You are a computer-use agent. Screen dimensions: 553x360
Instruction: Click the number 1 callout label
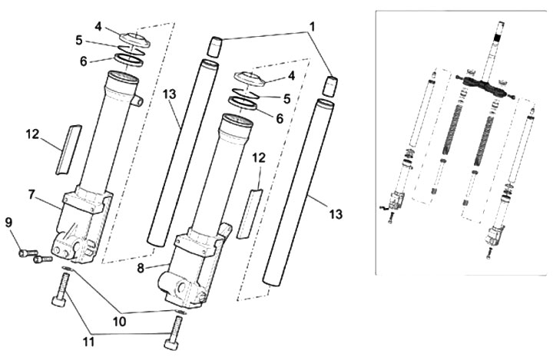[311, 26]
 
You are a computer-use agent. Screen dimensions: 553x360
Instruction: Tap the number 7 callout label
[32, 194]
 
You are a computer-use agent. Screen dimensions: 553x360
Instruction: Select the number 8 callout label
[141, 269]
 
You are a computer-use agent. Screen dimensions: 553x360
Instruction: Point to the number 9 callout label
[8, 223]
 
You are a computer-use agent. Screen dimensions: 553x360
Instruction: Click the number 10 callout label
[120, 321]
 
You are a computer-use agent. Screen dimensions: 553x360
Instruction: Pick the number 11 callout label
[88, 342]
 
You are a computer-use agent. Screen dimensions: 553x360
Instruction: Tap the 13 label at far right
[336, 214]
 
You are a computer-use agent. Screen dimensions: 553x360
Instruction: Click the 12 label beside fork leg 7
[33, 134]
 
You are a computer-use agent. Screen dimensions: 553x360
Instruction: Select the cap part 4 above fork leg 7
[134, 40]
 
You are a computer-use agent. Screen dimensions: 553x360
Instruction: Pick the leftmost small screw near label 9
[28, 253]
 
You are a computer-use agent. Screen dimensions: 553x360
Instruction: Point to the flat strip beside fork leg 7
[68, 149]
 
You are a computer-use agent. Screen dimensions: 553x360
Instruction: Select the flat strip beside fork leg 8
[250, 213]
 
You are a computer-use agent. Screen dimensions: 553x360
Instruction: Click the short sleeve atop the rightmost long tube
[332, 86]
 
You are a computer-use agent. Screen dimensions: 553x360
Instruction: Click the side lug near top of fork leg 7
[137, 101]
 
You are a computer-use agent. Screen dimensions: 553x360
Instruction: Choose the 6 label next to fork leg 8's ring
[280, 119]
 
